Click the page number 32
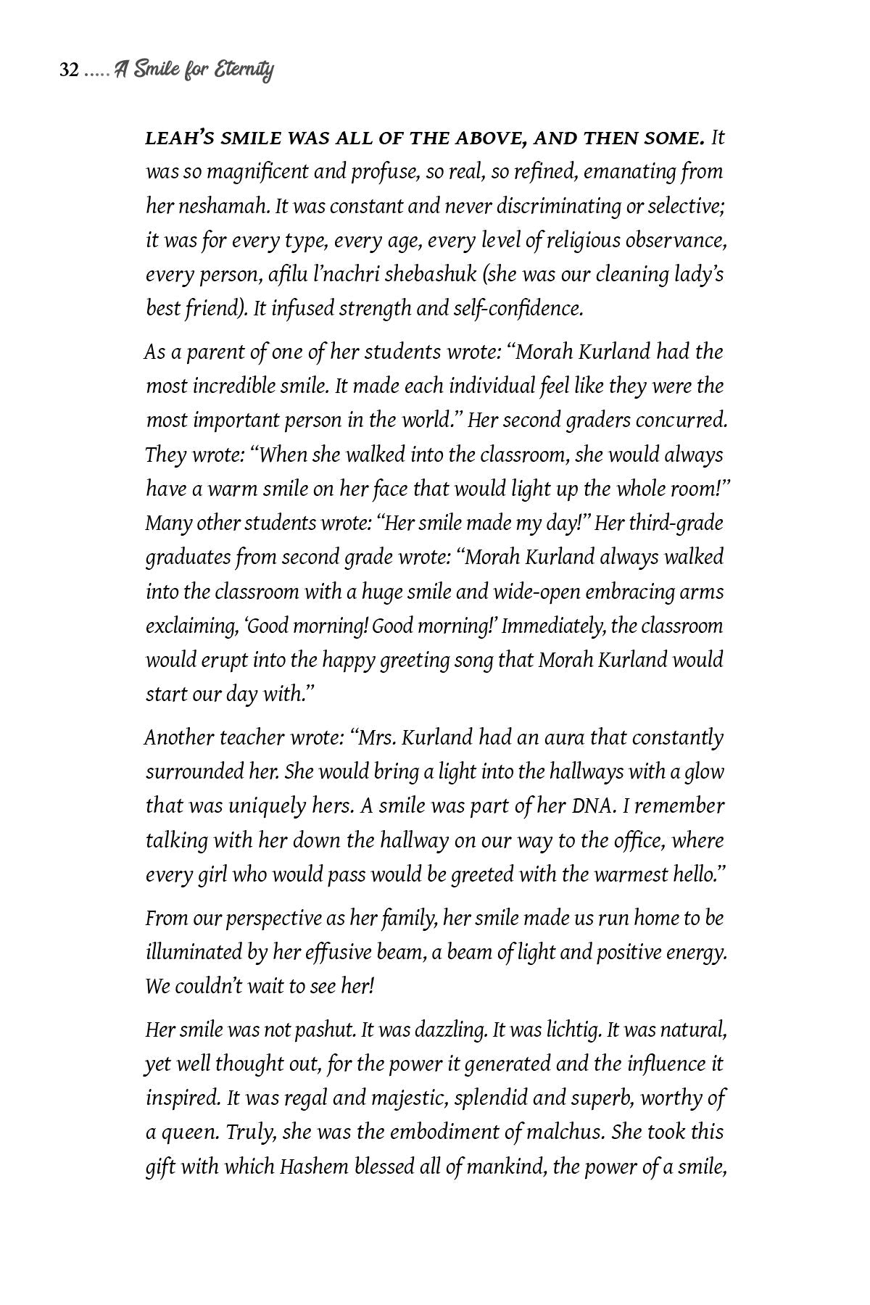click(69, 70)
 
